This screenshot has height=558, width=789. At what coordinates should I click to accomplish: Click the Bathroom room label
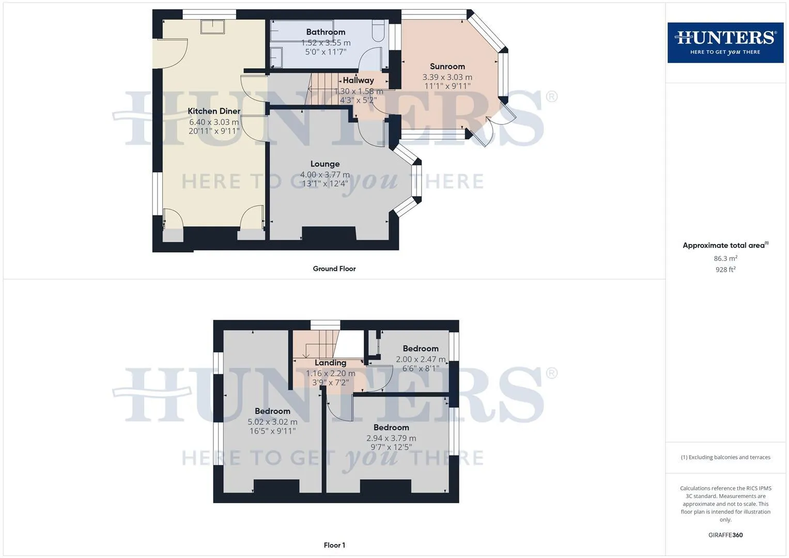click(326, 32)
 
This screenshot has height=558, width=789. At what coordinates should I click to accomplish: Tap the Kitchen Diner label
click(214, 111)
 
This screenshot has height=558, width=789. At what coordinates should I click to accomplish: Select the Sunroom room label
click(447, 66)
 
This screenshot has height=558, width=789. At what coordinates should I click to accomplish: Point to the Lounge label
click(325, 164)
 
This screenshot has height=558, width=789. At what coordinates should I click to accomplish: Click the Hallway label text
click(358, 80)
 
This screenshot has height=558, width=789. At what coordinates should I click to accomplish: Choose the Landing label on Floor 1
click(330, 363)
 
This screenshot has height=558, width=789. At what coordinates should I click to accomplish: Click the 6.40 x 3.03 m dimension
click(214, 122)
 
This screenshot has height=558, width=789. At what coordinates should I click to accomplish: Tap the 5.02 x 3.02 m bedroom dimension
click(272, 422)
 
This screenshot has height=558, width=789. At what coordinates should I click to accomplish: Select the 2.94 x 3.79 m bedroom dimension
click(391, 438)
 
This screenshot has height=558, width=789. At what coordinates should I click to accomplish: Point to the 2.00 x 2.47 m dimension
click(421, 359)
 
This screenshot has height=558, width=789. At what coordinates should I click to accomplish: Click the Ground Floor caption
click(334, 269)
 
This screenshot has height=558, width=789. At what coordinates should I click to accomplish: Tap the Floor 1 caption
click(334, 545)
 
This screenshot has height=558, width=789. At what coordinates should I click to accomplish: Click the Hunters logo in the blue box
click(725, 42)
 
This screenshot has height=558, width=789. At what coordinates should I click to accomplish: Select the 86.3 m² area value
click(725, 258)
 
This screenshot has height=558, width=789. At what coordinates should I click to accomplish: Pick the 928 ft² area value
click(725, 270)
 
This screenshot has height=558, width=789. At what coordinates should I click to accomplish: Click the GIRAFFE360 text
click(725, 535)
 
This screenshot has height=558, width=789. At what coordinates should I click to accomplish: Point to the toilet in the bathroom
click(378, 31)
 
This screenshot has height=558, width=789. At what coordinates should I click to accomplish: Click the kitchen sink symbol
click(212, 27)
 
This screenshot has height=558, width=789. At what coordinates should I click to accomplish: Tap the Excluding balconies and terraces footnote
click(725, 457)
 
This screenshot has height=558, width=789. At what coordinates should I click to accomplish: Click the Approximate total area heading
click(725, 245)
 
